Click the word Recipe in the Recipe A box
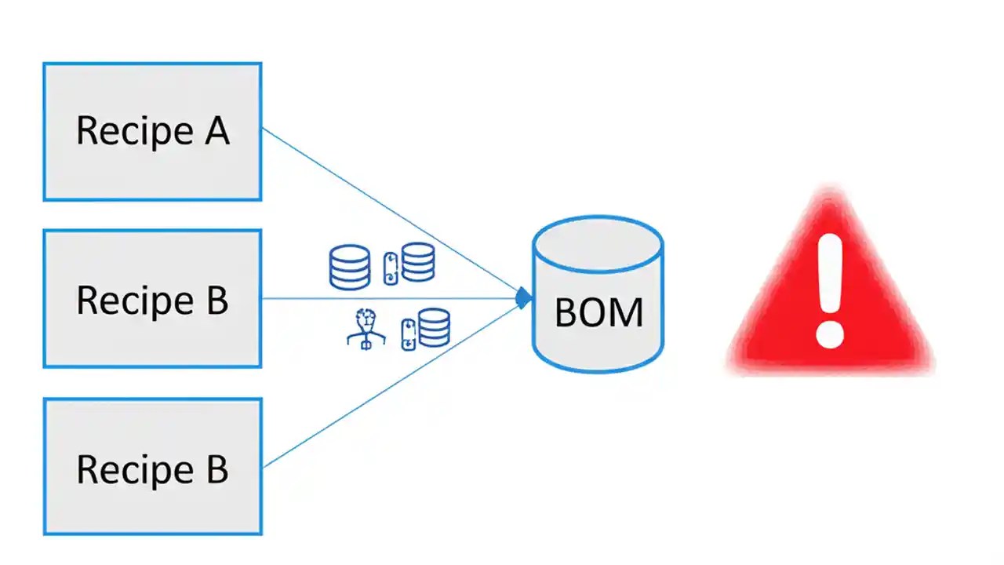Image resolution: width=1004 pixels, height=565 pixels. tap(129, 131)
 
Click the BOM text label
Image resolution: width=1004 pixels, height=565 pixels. tap(598, 312)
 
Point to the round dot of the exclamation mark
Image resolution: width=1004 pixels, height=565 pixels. tap(828, 333)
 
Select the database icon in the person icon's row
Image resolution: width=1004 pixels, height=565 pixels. tap(435, 327)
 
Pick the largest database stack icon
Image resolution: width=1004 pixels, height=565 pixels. tap(349, 267)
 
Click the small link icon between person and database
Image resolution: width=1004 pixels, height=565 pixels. tap(408, 334)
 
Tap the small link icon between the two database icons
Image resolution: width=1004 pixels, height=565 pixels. tap(391, 268)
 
